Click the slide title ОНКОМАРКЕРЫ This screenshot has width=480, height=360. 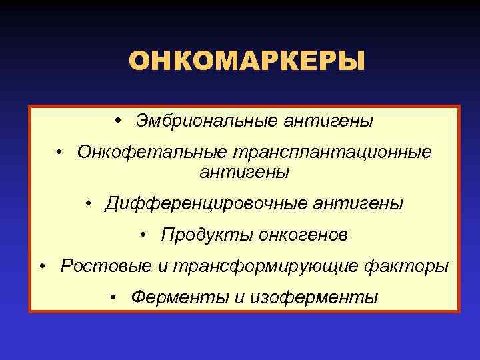pos(247,61)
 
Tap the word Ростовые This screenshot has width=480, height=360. pos(106,266)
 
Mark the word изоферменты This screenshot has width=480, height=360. pos(313,297)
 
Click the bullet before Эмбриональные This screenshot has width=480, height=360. pos(117,121)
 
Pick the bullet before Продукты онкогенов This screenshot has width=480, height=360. pos(144,234)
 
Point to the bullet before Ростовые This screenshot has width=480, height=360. pos(42,266)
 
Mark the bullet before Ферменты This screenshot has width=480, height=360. pos(115,297)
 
